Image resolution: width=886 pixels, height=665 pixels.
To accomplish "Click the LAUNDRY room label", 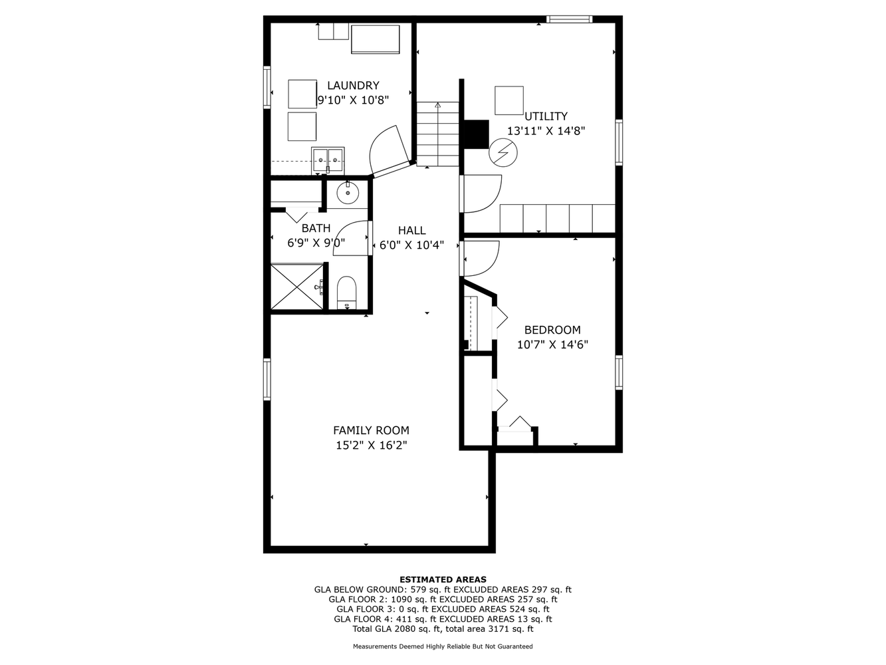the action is coord(353,86).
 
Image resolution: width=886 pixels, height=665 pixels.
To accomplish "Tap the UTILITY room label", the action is coord(546,116).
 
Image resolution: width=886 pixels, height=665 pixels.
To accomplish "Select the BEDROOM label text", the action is coord(552,330).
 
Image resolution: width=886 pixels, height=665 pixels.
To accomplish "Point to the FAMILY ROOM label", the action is coord(371,430).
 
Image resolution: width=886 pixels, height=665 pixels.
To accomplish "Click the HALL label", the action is coord(411,231).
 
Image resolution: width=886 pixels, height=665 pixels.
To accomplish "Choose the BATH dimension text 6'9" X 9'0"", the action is coord(316,243).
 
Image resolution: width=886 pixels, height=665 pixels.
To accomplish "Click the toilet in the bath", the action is coord(346,293).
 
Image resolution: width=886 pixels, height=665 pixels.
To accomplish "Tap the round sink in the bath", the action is coord(348,193).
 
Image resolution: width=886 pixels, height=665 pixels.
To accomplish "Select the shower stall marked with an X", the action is coord(296,287).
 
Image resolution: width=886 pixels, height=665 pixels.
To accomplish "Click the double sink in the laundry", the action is coord(328,161).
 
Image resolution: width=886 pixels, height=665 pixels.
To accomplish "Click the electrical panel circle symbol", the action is coord(503,153).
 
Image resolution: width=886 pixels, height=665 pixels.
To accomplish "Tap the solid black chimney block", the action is coord(477,134).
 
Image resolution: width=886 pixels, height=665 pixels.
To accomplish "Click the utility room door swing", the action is coord(482,194).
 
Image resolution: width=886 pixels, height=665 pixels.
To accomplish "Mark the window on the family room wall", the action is coord(267,379).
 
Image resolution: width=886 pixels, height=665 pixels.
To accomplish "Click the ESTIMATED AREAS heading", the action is coord(443,579).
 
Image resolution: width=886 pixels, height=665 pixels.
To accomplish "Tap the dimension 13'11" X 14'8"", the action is coord(546,131).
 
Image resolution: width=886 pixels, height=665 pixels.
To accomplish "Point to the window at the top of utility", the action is coord(569,19).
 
